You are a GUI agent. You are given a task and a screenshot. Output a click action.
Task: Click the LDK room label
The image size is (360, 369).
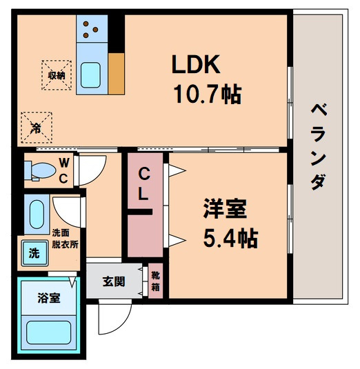[x=195, y=65]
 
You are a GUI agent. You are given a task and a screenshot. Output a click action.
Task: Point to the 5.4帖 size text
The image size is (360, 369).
[x=230, y=239]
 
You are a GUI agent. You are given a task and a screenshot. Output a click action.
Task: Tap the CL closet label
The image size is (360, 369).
[x=143, y=184]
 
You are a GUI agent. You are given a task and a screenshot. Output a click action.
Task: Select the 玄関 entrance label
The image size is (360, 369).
[x=114, y=281]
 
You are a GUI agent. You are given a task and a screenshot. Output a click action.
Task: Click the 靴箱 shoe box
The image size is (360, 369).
[x=156, y=281]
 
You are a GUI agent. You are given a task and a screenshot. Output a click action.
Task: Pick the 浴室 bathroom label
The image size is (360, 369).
[x=48, y=298]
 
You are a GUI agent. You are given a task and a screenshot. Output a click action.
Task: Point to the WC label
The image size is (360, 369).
[x=63, y=171]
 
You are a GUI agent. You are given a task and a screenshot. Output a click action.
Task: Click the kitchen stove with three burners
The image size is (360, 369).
[x=91, y=29]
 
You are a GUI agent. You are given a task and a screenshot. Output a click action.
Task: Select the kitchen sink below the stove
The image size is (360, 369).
[x=90, y=74]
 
